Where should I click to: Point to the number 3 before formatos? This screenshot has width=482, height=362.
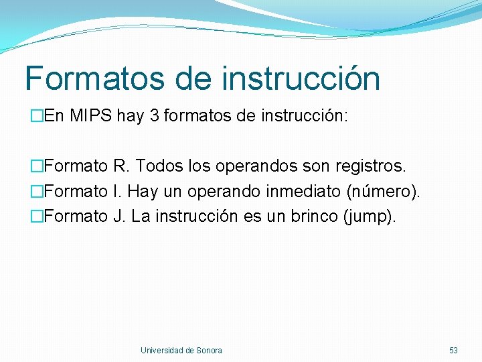click(155, 116)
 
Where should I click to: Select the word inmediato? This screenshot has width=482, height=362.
click(304, 191)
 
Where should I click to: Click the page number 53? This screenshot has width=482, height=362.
click(453, 350)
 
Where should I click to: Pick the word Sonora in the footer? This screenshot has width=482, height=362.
click(209, 350)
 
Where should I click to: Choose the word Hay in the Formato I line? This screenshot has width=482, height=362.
click(143, 191)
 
